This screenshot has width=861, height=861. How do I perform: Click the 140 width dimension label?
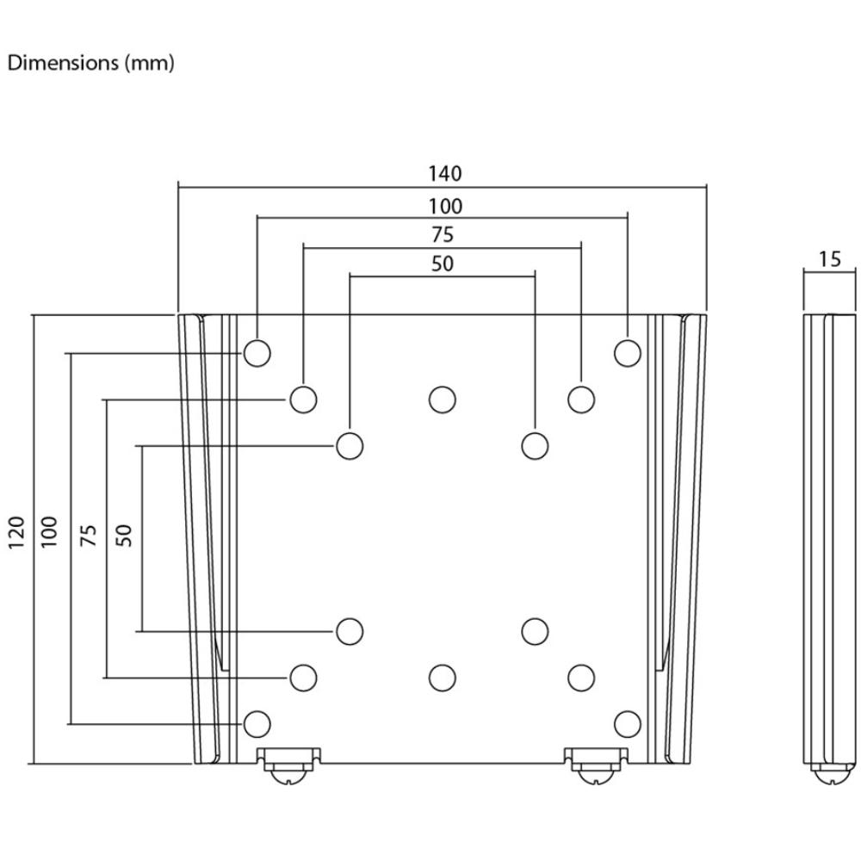coord(445,174)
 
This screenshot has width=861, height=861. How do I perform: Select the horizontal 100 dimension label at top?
coord(445,207)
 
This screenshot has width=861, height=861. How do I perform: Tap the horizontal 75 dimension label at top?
coord(443,235)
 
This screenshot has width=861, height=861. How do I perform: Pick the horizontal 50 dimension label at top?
coord(443,264)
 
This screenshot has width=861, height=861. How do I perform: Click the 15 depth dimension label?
coord(830,259)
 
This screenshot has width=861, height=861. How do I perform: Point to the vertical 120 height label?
coord(16,532)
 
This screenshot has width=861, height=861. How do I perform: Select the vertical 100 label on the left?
coord(49,531)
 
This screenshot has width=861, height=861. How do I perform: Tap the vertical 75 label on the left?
coord(89,535)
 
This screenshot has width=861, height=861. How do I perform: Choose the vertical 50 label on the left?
coord(124,536)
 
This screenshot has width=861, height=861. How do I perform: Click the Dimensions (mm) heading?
coord(91,63)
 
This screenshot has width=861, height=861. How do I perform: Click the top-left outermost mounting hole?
coord(257,353)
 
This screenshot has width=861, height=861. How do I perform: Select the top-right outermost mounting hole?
coord(628,353)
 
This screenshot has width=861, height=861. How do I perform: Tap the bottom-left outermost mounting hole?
coord(257,724)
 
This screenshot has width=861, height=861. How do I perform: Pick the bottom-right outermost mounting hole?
coord(628,724)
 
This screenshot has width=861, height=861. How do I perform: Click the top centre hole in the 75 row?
coord(443,400)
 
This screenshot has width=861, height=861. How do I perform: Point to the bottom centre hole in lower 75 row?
coord(443,678)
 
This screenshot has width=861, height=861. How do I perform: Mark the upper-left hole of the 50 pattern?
coord(350,446)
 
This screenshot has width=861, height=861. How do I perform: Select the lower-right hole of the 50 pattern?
coord(535,631)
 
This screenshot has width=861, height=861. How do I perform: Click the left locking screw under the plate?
coord(288,765)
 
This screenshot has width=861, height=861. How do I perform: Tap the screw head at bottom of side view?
coord(830,774)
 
